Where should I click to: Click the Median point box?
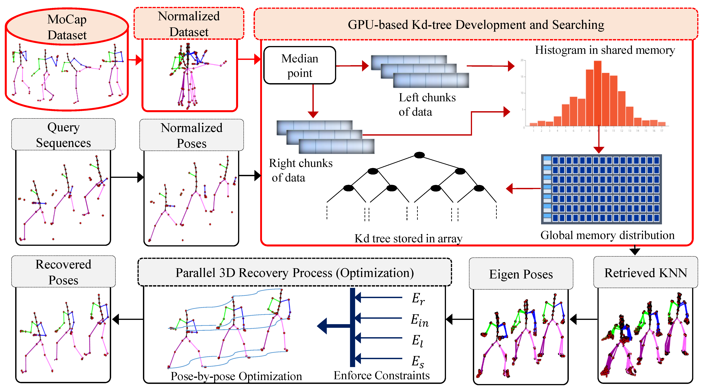coord(300,65)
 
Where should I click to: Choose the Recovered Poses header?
coord(63,272)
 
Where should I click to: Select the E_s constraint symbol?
coord(418,361)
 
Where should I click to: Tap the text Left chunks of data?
coord(427,105)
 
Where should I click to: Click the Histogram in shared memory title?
coord(605,50)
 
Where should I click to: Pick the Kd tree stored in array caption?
coord(408,238)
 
